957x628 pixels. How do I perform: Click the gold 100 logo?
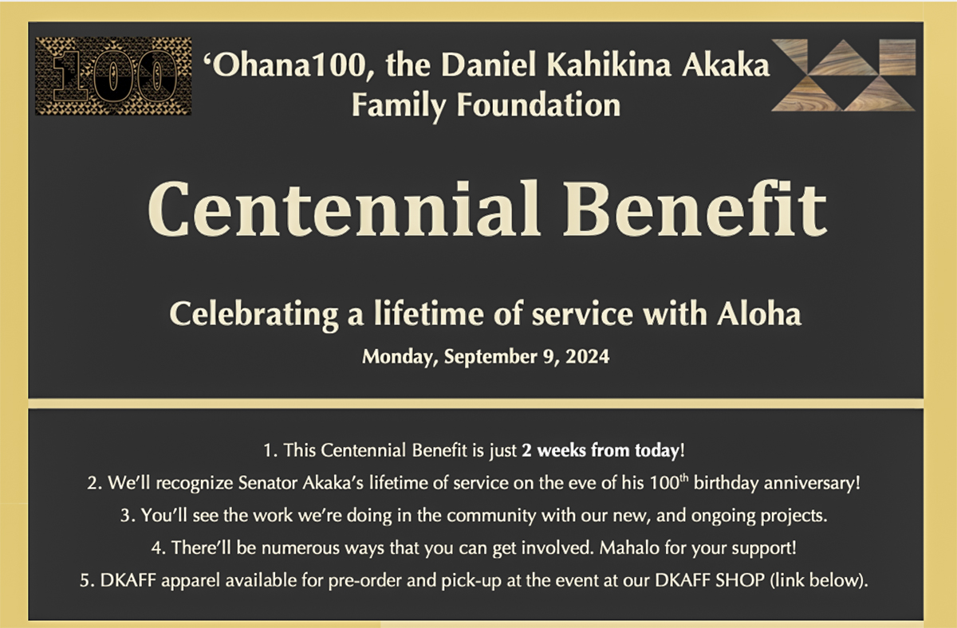113,76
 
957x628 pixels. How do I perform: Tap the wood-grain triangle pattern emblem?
844,76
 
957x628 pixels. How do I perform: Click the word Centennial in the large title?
344,208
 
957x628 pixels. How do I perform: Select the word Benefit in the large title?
695,208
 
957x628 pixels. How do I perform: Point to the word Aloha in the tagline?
759,314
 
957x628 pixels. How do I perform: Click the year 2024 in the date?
588,356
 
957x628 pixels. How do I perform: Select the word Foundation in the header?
539,105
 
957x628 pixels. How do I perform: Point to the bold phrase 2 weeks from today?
600,450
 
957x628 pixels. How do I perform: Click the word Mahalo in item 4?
629,548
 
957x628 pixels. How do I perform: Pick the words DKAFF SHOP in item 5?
710,580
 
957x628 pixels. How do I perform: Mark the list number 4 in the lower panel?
158,548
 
